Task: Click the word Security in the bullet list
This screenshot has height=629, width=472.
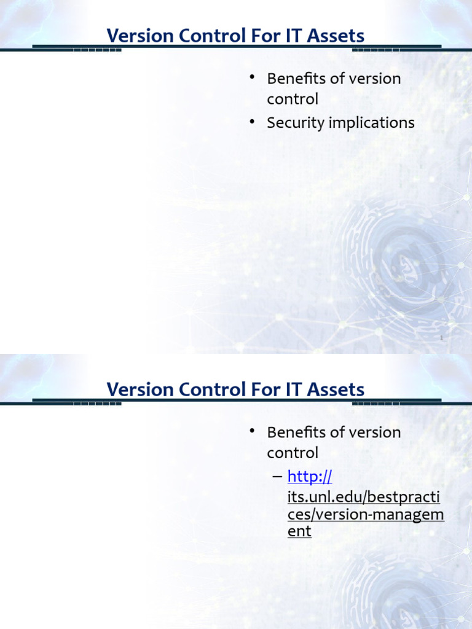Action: point(295,123)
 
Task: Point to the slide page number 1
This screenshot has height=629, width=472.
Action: point(441,338)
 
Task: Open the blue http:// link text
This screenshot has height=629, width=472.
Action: point(310,477)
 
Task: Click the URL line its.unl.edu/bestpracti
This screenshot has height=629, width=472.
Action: point(364,495)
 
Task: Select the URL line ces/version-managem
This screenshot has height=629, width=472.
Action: point(366,514)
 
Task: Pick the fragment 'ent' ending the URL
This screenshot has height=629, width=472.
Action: point(299,532)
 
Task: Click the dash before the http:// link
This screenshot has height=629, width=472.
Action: point(277,477)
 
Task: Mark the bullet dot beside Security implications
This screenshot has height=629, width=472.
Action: point(252,122)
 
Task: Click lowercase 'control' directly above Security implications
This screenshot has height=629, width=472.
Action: point(293,99)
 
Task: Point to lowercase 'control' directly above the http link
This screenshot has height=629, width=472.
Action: point(293,453)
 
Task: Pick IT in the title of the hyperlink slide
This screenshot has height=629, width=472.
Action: point(297,389)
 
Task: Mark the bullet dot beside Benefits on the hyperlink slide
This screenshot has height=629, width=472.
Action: point(252,431)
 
